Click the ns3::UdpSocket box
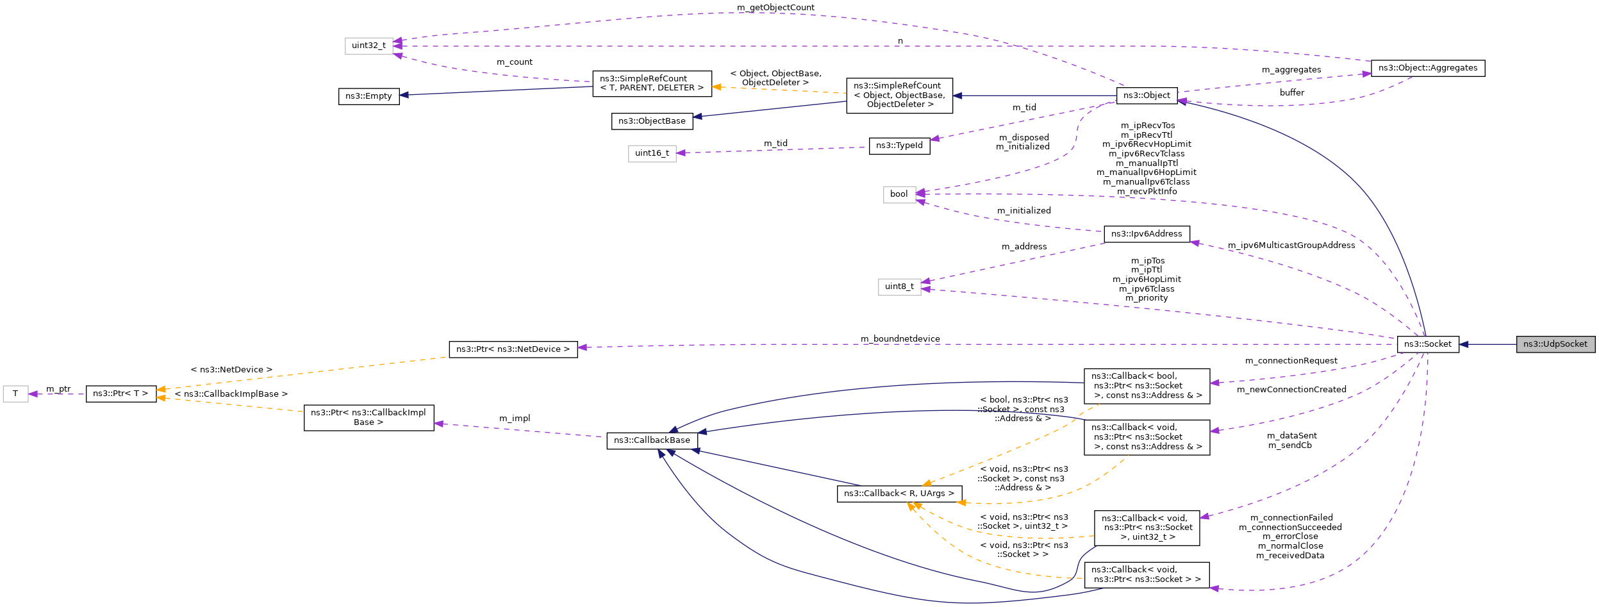(1555, 344)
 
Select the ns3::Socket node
(1427, 344)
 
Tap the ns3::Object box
(1147, 96)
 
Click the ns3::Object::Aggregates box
(1427, 68)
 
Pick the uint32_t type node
(369, 46)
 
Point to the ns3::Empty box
(369, 96)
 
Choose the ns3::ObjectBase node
(652, 121)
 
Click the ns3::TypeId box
(899, 146)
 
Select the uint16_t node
(652, 153)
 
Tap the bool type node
(899, 194)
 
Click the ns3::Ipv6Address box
(1147, 234)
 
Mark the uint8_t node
(899, 287)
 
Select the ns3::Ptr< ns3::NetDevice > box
(513, 349)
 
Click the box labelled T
(15, 394)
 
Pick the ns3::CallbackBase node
(652, 440)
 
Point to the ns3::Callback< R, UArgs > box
(899, 494)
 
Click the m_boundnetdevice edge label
(900, 339)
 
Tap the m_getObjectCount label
(775, 8)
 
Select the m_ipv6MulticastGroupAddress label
(1291, 245)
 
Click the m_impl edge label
(515, 419)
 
